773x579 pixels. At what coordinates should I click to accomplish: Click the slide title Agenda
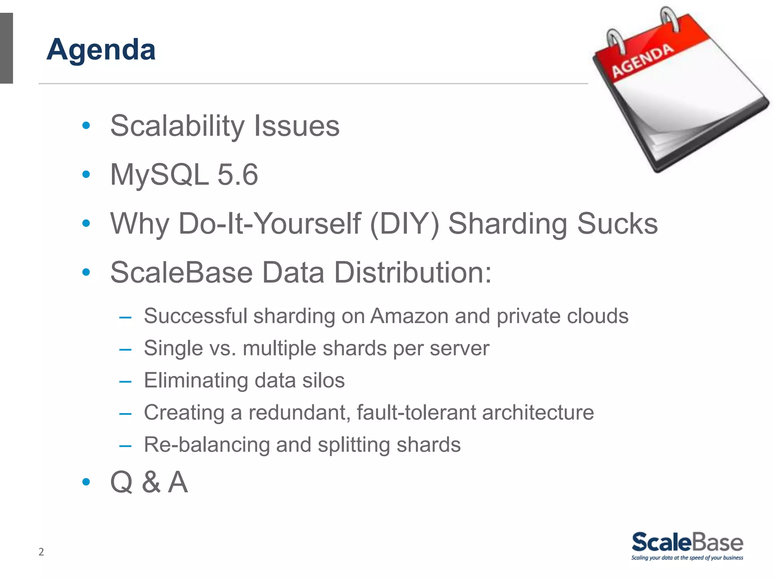101,49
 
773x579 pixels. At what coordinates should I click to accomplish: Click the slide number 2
41,552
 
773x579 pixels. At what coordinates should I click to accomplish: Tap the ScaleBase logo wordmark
687,542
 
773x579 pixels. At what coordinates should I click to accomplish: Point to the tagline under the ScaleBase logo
687,558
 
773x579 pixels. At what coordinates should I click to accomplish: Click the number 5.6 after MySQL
238,175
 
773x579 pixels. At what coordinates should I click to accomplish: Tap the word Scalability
177,126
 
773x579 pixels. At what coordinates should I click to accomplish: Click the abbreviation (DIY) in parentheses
405,224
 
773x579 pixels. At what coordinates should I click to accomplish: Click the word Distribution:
413,272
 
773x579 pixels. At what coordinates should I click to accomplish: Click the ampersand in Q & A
151,482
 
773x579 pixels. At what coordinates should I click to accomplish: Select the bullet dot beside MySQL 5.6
86,174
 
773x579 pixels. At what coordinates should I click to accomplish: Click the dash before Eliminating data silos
125,381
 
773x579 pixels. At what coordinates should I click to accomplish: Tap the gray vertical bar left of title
6,48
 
